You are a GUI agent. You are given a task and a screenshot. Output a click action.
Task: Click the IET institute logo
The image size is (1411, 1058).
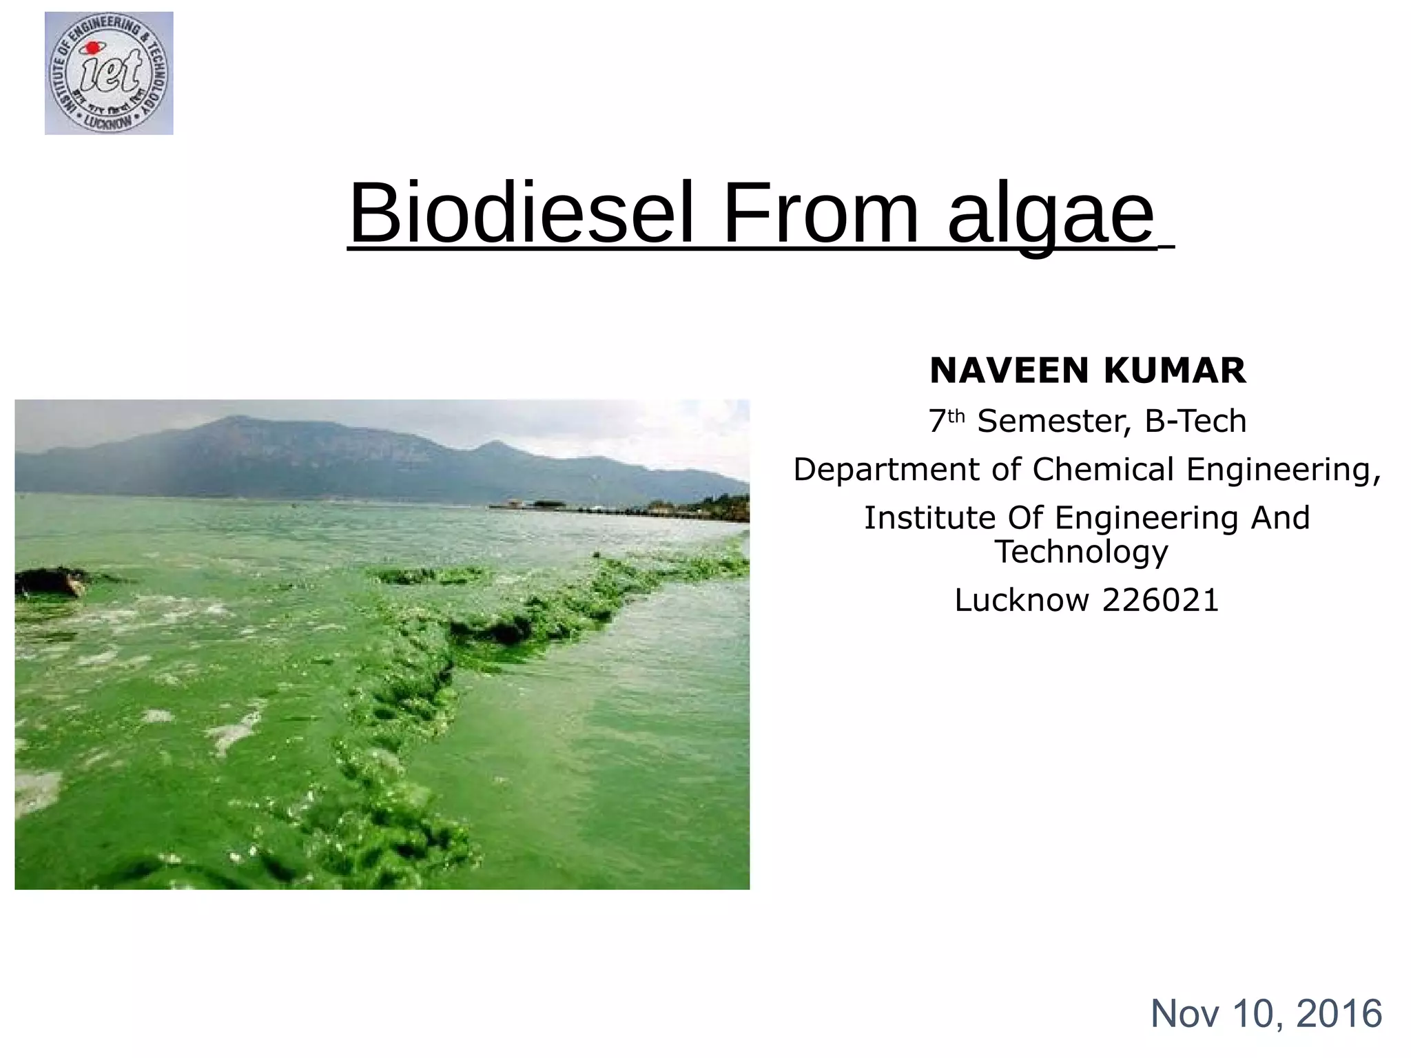[109, 73]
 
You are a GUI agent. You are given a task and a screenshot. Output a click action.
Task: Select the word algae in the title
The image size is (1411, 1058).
[1051, 215]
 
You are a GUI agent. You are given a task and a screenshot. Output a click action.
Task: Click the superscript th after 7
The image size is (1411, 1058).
[956, 416]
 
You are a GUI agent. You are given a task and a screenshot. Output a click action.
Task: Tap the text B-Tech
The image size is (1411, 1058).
[1195, 422]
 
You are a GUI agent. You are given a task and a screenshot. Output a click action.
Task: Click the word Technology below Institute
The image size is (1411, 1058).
[1082, 552]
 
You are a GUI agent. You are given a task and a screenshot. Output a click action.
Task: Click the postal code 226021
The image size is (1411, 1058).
[1161, 601]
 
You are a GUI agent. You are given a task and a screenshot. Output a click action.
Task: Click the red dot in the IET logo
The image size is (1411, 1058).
[89, 48]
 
